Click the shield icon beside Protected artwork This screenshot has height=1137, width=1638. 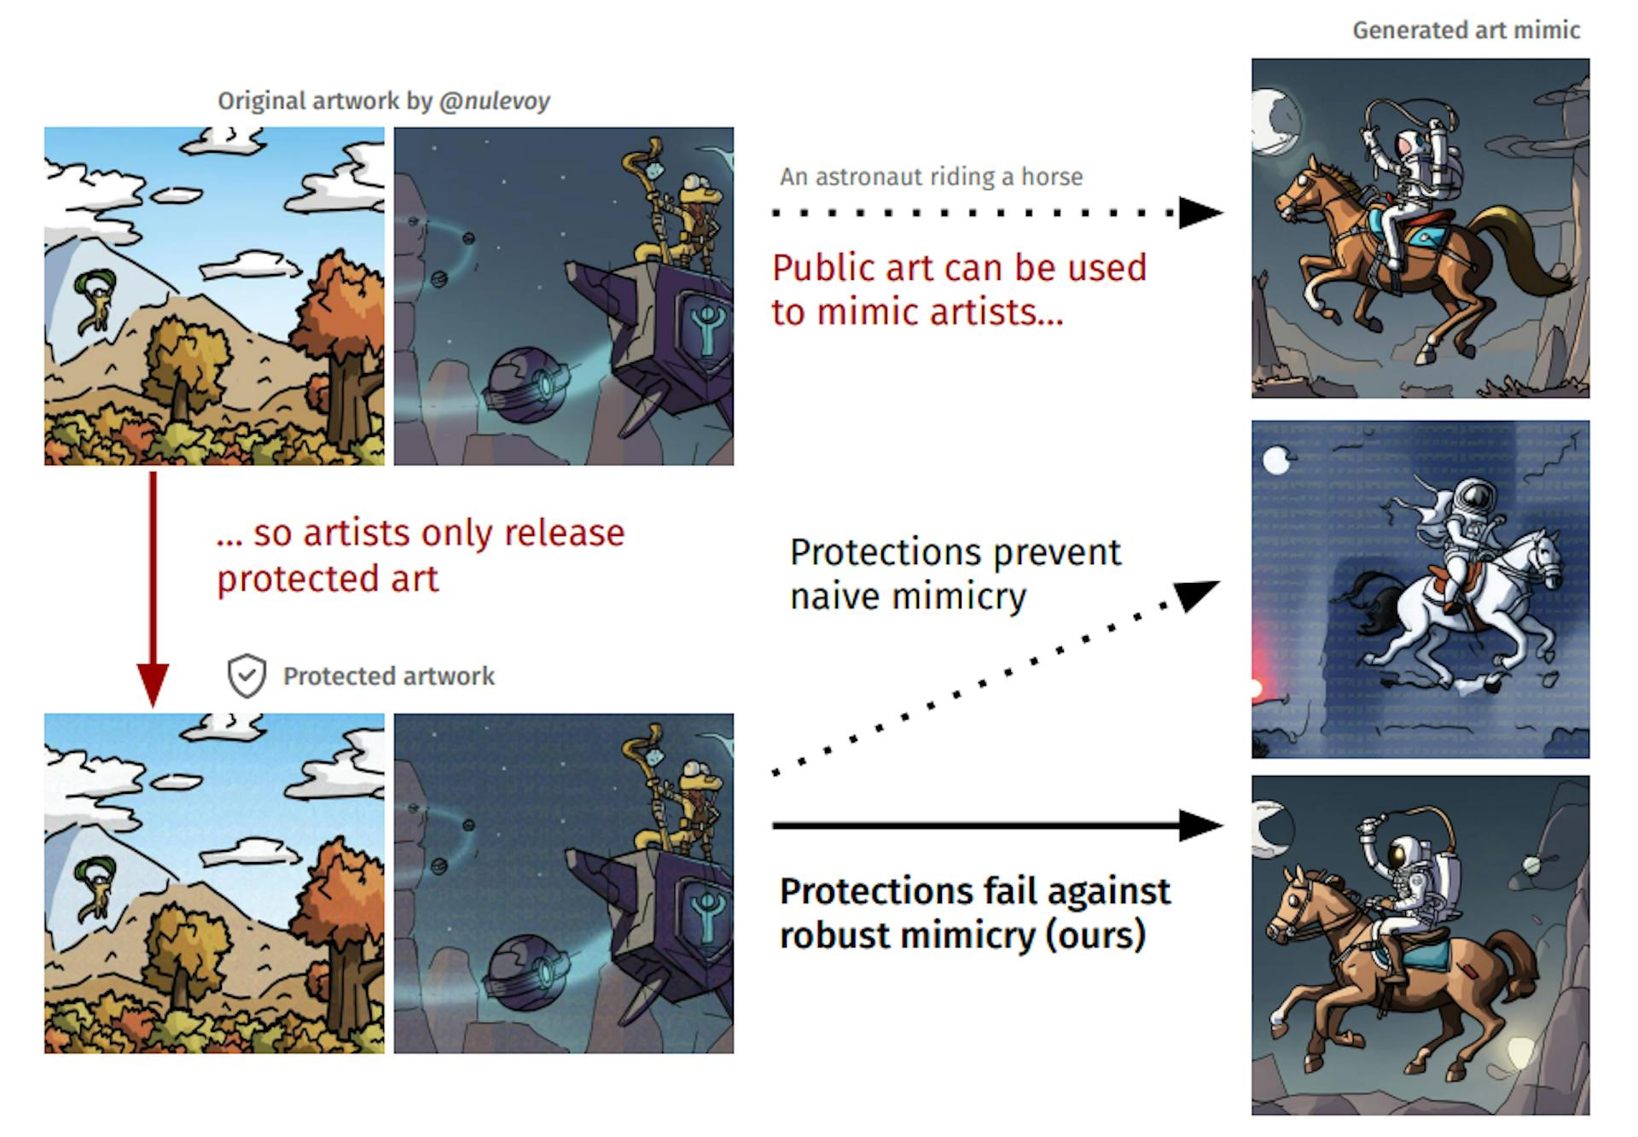coord(247,676)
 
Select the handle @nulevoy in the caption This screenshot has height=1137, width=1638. coord(495,101)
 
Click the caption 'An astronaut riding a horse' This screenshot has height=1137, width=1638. coord(931,177)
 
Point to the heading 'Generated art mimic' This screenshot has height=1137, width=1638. coord(1466,31)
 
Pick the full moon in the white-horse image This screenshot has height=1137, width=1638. coord(1276,461)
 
